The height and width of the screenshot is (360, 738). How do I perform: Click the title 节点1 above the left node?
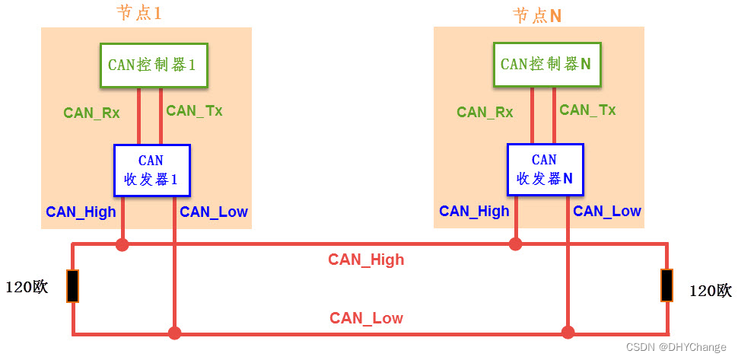pos(139,14)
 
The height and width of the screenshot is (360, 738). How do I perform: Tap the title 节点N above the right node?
pos(537,15)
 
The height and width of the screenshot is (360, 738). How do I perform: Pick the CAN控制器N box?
pos(546,65)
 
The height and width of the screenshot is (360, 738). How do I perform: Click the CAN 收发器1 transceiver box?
pos(151,170)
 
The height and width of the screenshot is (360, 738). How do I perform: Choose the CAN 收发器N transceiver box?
pos(545,170)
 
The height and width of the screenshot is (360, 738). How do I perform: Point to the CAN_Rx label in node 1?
pos(91,113)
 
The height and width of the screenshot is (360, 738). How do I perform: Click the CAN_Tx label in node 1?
pos(195,111)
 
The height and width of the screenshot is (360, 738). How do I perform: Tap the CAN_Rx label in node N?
pos(485,113)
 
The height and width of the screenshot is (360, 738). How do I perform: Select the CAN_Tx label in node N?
pos(587,110)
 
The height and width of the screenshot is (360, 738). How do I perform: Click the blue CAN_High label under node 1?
pos(81,212)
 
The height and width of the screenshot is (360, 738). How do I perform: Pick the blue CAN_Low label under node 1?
pos(214,212)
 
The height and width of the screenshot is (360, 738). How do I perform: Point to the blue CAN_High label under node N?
pos(474,212)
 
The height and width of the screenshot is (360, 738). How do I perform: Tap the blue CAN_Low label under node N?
pos(607,212)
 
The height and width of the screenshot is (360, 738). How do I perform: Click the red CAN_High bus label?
pos(366,260)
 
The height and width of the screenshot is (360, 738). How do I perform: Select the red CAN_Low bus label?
pos(366,318)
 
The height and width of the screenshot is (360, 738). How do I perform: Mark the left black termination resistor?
pos(72,286)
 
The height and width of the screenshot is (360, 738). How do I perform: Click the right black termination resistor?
pos(667,285)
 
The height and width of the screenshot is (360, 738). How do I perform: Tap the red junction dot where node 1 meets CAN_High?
pos(122,244)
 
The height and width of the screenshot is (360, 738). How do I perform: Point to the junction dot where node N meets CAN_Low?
pos(568,333)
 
